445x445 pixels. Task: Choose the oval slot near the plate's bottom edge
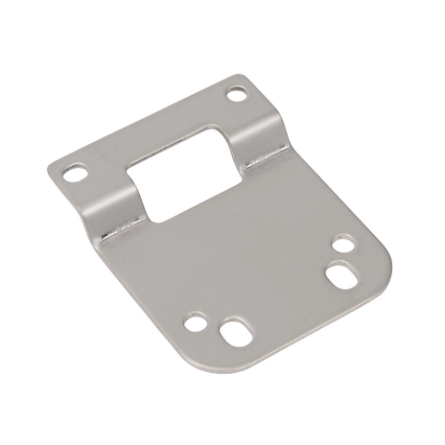pos(232,330)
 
